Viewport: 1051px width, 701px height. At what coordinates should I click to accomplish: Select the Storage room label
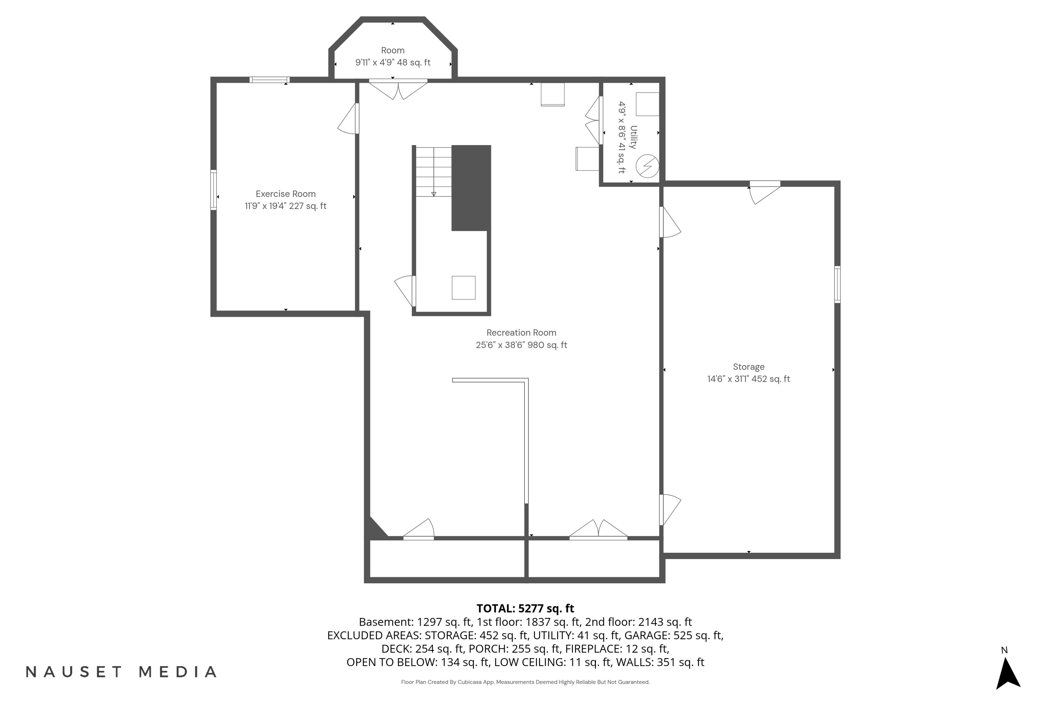(x=748, y=367)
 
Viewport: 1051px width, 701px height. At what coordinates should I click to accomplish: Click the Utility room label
(x=633, y=137)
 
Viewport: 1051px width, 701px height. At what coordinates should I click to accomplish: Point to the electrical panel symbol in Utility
(x=647, y=166)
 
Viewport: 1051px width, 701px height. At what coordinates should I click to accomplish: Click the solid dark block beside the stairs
(x=471, y=188)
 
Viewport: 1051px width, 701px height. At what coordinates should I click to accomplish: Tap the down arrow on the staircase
(x=433, y=193)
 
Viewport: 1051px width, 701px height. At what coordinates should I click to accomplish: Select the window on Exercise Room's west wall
(x=214, y=190)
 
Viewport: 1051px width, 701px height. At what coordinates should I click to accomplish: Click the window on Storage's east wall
(x=837, y=284)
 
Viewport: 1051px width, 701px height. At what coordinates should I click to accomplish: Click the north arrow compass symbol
(x=1008, y=673)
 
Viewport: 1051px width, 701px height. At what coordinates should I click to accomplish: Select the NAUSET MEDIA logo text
(x=121, y=672)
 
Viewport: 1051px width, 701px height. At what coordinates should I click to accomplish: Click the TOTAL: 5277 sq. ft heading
(x=525, y=608)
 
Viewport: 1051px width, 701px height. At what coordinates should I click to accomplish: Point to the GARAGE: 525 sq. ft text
(x=673, y=635)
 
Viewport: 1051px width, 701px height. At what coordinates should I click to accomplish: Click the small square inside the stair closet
(x=463, y=288)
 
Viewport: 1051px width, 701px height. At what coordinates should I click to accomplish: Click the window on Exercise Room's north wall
(x=269, y=80)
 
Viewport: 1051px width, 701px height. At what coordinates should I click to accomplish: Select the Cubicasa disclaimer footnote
(x=525, y=682)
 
